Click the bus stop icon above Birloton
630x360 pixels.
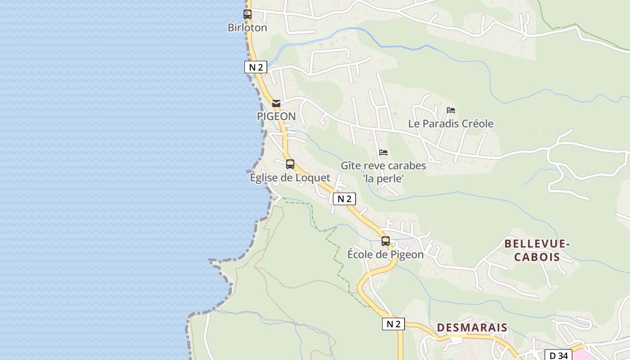[x=247, y=14]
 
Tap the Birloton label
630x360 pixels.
[x=247, y=27]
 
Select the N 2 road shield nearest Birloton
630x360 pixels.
[x=256, y=67]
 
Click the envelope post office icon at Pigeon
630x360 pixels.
[x=276, y=103]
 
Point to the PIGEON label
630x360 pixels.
[x=276, y=117]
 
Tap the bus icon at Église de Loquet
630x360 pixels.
[x=290, y=164]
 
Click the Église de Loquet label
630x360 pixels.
[x=290, y=178]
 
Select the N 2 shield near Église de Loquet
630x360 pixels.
[x=344, y=199]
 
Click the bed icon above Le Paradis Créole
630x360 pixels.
[x=451, y=110]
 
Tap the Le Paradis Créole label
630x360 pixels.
[x=450, y=124]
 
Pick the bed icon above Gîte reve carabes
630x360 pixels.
[x=383, y=153]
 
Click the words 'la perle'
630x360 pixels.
[x=383, y=179]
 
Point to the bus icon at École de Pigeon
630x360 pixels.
[x=386, y=241]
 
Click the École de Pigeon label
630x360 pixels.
[x=385, y=255]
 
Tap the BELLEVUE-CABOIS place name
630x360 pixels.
[x=537, y=251]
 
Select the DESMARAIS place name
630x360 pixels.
[x=472, y=328]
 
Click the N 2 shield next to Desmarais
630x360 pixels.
[x=393, y=324]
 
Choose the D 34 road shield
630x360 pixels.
[x=558, y=355]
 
